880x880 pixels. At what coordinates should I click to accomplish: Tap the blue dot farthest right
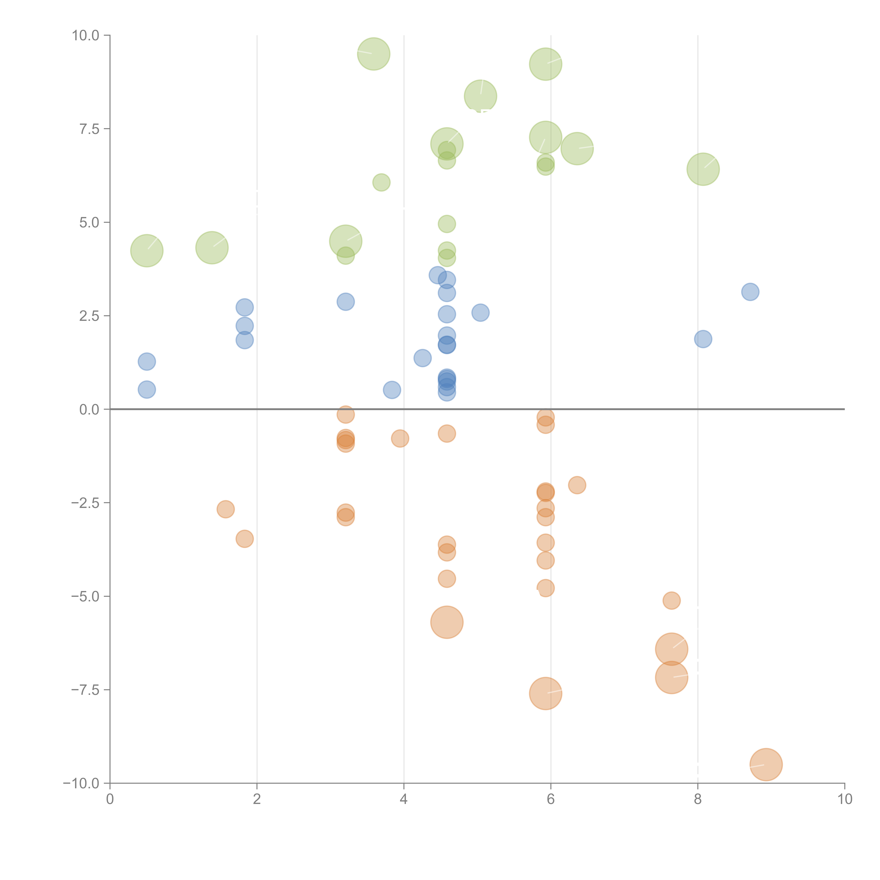tap(750, 291)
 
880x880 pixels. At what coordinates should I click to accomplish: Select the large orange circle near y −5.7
tap(447, 622)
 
